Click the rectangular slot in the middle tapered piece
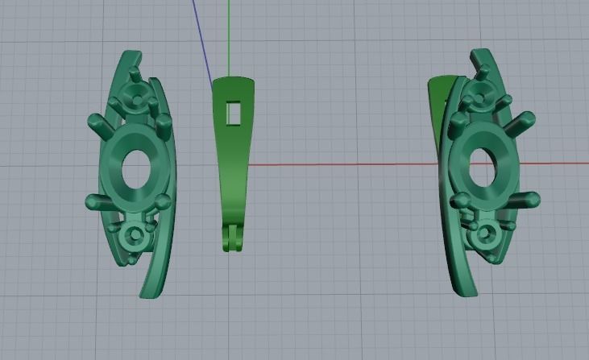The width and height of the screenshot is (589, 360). [x=234, y=114]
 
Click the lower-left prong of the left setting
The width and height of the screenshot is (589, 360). [x=93, y=201]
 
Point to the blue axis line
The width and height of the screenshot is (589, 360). [x=202, y=40]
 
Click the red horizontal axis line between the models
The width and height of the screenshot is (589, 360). [x=338, y=165]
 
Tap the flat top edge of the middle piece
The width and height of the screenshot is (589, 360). [x=234, y=81]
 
